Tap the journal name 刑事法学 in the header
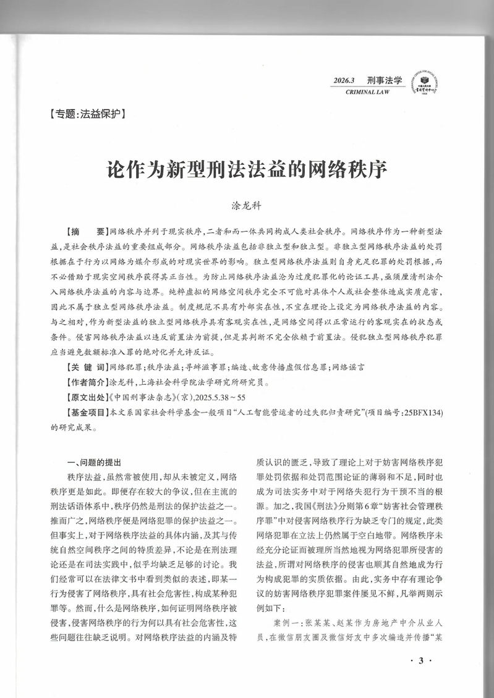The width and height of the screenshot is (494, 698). (384, 80)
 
